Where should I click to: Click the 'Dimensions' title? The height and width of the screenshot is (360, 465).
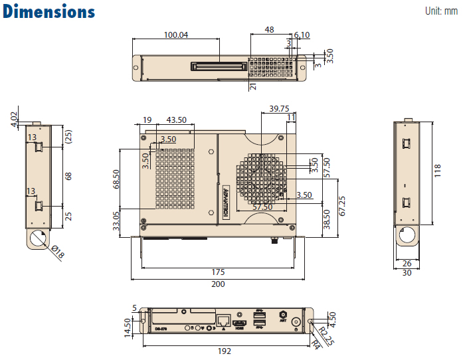(49, 12)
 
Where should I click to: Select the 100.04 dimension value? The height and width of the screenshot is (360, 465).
(175, 35)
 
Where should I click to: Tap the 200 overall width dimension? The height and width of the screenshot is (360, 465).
(219, 284)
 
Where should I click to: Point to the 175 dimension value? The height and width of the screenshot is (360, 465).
(219, 272)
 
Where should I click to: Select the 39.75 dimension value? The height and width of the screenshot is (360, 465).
(279, 108)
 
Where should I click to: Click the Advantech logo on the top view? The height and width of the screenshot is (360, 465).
(226, 200)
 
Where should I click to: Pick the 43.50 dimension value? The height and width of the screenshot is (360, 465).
(176, 120)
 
